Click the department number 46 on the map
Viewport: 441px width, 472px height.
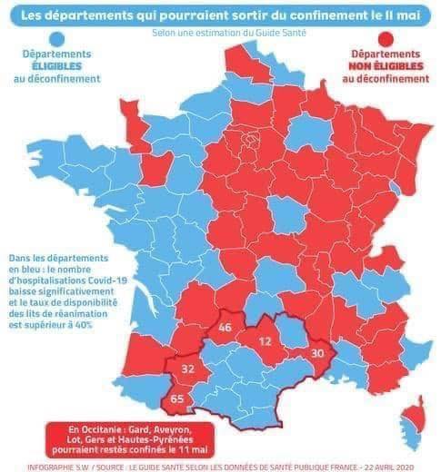[225, 327]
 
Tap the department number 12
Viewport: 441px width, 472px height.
[265, 341]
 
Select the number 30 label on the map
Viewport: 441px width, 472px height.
[317, 353]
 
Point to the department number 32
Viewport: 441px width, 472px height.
[188, 369]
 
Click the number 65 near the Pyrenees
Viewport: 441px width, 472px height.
[177, 398]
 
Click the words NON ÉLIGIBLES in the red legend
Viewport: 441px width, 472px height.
[386, 66]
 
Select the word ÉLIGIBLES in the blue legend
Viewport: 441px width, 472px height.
[57, 66]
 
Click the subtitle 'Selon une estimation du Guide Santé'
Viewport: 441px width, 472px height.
[229, 33]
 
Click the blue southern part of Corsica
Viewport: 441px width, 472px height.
[412, 434]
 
